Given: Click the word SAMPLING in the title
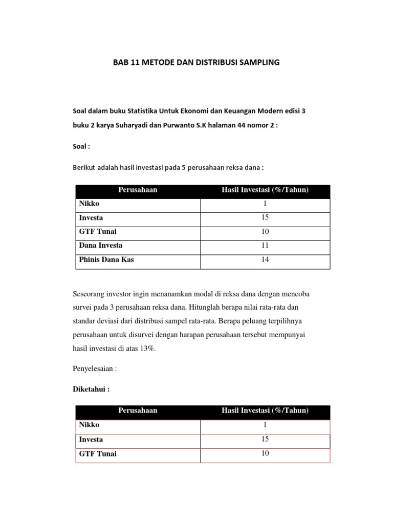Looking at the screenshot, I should (x=257, y=63).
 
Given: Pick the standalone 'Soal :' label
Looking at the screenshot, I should (x=81, y=146).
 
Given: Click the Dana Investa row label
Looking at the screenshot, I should (x=100, y=246).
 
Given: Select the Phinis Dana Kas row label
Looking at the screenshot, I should (x=106, y=259).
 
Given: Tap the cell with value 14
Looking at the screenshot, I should (x=265, y=259).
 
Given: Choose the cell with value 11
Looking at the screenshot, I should (x=265, y=246).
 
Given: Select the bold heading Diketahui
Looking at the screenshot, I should (x=91, y=389).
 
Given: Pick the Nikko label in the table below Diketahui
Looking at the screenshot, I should (x=89, y=425).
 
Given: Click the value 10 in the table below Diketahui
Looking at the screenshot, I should (x=265, y=453).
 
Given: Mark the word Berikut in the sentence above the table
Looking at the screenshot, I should (x=83, y=167).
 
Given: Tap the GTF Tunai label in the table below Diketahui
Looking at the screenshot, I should (x=97, y=453).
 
